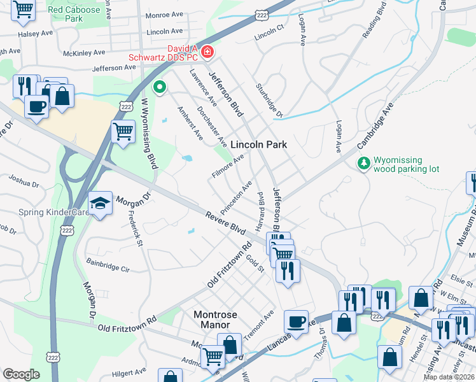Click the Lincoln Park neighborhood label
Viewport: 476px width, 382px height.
coord(258,145)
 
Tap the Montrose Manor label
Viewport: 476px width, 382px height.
coord(215,320)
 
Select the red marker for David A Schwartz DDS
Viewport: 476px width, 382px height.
coord(207,52)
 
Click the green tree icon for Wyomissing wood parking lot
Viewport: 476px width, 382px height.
coord(364,164)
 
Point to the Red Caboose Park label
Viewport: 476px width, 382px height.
coord(74,15)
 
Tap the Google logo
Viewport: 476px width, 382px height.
coord(21,374)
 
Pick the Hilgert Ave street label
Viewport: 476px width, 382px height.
coord(128,370)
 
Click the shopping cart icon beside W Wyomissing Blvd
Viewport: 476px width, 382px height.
coord(122,132)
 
